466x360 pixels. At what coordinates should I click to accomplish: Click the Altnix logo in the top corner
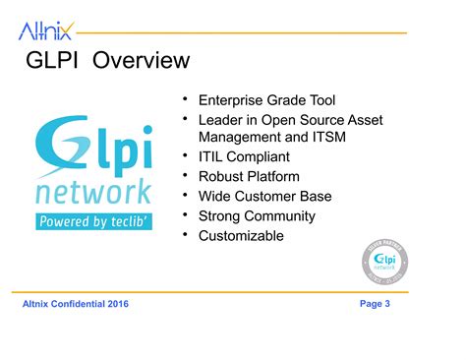44,31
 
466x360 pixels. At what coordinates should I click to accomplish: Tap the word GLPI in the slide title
54,61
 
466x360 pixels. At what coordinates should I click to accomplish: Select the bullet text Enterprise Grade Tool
267,100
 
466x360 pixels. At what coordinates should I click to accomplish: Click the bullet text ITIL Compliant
244,157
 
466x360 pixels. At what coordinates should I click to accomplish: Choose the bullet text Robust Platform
249,177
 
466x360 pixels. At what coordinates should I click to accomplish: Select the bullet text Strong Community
257,216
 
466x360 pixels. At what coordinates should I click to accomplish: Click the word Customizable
241,236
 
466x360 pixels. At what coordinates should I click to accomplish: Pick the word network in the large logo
93,190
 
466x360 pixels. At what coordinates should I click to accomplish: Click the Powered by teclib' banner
94,221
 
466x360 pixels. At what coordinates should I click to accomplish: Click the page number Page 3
375,304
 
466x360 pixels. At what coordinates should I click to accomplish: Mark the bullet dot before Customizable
184,235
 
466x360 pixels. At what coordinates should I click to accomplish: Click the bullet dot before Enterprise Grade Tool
184,99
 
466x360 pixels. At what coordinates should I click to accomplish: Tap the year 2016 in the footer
115,304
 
